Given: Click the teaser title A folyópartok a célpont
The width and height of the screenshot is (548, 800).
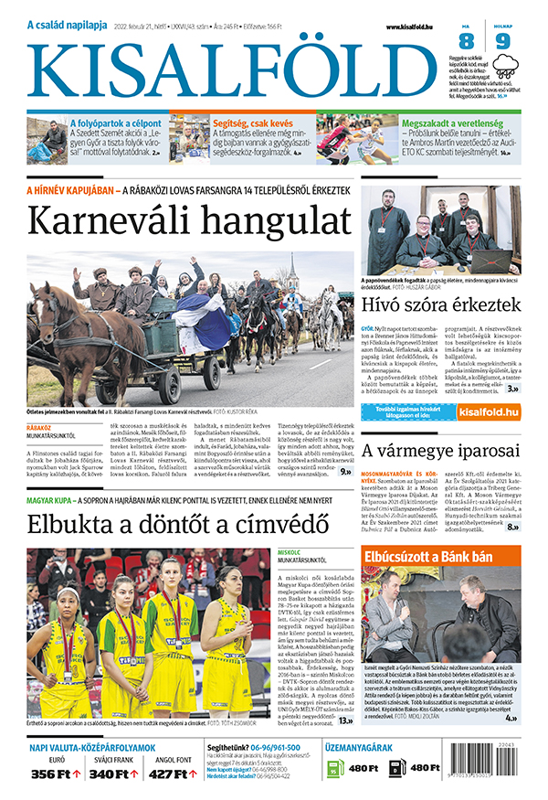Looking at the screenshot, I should pyautogui.click(x=116, y=122).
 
